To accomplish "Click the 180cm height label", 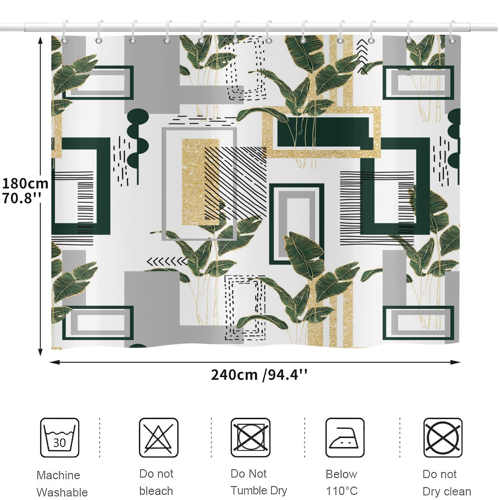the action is pyautogui.click(x=25, y=183).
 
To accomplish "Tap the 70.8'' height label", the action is pyautogui.click(x=22, y=198).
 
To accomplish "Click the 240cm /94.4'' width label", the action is pyautogui.click(x=259, y=375).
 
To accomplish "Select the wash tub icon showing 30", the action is pyautogui.click(x=60, y=438).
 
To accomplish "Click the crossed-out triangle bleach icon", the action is pyautogui.click(x=159, y=438).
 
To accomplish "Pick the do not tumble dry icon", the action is pyautogui.click(x=251, y=438).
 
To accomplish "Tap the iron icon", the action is pyautogui.click(x=345, y=438).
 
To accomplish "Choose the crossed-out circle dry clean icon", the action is pyautogui.click(x=443, y=438).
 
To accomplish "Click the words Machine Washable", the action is pyautogui.click(x=62, y=484).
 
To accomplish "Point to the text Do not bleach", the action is pyautogui.click(x=156, y=482).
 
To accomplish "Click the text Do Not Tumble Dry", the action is pyautogui.click(x=259, y=482).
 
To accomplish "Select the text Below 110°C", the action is pyautogui.click(x=342, y=482).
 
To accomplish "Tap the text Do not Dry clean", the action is pyautogui.click(x=447, y=483).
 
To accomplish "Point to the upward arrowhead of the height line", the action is pyautogui.click(x=40, y=40).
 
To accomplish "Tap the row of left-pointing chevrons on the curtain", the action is pyautogui.click(x=167, y=262).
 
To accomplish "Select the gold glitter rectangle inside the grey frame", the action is pyautogui.click(x=200, y=182).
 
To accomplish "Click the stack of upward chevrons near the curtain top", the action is pyautogui.click(x=362, y=56).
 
